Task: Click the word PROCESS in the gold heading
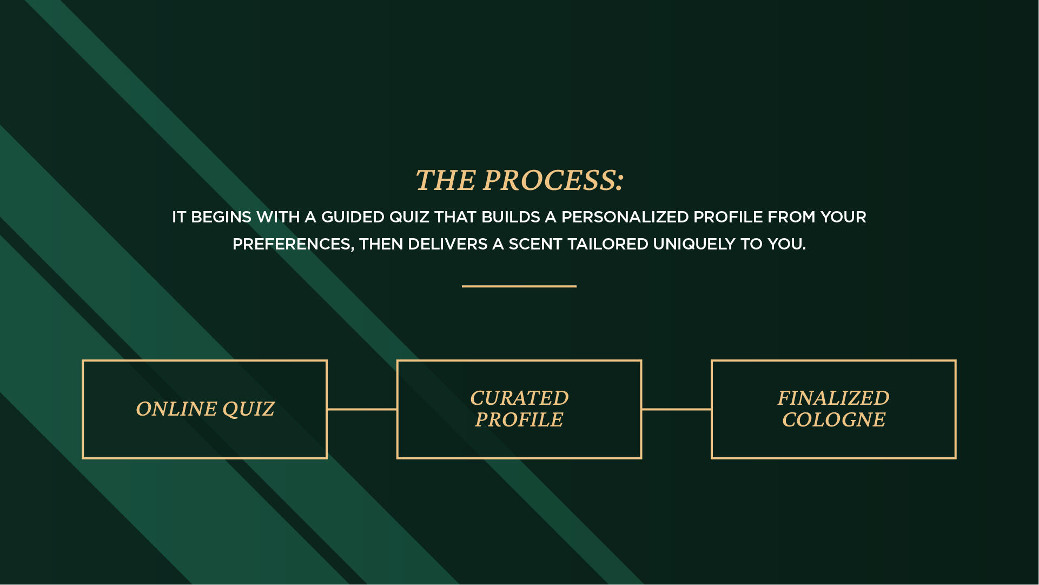pos(548,180)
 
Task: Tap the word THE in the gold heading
pos(445,180)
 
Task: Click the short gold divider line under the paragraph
pos(519,286)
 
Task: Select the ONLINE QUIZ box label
pos(205,409)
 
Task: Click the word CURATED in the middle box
pos(519,398)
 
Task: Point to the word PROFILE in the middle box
pos(519,420)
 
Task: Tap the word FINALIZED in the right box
pos(833,398)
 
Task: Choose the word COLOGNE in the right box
pos(833,420)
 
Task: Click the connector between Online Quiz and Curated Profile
pos(362,409)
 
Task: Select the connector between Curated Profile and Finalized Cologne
pos(677,409)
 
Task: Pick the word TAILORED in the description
pos(607,245)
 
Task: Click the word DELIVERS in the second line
pos(448,245)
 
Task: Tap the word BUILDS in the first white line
pos(511,217)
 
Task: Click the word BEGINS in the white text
pos(221,217)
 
